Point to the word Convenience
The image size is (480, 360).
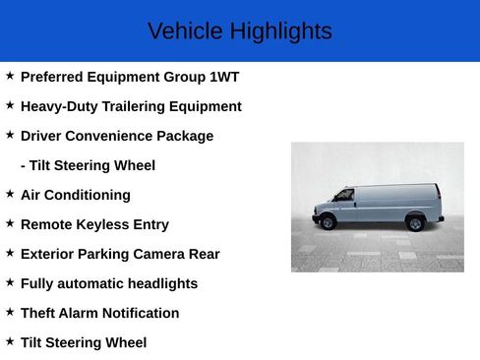[117, 136]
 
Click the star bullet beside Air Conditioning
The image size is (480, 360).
[10, 194]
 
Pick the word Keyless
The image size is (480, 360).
[105, 224]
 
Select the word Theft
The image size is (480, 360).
[38, 313]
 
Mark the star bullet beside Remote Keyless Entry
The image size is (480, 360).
[10, 223]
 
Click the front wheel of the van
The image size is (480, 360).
[329, 222]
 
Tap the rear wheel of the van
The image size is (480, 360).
[416, 223]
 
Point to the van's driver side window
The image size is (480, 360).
[345, 196]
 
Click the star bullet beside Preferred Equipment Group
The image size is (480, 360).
[10, 76]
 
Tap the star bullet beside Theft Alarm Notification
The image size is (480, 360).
[10, 312]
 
